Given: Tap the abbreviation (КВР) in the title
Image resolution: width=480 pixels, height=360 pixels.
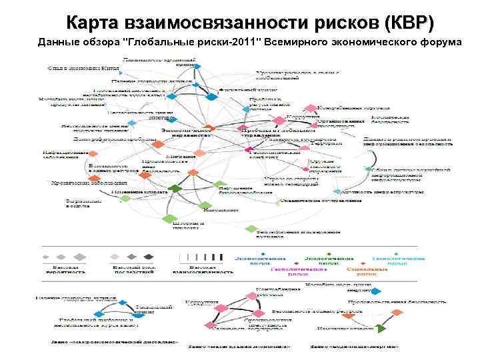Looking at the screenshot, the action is coord(408,23).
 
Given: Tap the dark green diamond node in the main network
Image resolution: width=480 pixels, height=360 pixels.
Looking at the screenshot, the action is coord(176,189).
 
